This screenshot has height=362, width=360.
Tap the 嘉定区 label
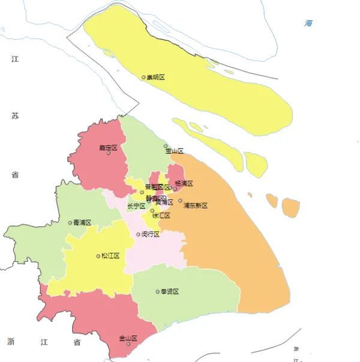pos(108,146)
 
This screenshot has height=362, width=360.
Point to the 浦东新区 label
pos(196,205)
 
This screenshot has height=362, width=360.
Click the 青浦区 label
pos(82,223)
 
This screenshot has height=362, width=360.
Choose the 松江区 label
pos(110,256)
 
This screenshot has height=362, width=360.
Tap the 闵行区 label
pos(151,234)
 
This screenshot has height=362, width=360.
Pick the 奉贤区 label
pos(170,292)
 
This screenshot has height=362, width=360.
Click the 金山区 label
pos(128,338)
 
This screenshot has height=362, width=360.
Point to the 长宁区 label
pos(136,206)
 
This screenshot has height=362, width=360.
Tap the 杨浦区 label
pos(184,183)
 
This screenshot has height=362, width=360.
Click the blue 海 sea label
pos(308,23)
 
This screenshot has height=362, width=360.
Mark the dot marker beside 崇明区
pos(143,77)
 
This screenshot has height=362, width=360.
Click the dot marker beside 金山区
pos(128,344)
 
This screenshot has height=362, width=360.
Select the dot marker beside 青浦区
pos(70,223)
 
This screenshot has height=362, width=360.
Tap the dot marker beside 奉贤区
pos(158,292)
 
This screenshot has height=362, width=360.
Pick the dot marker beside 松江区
pos(98,256)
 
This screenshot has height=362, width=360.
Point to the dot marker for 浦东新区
pos(180,201)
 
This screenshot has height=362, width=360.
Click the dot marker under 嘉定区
pos(109,153)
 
